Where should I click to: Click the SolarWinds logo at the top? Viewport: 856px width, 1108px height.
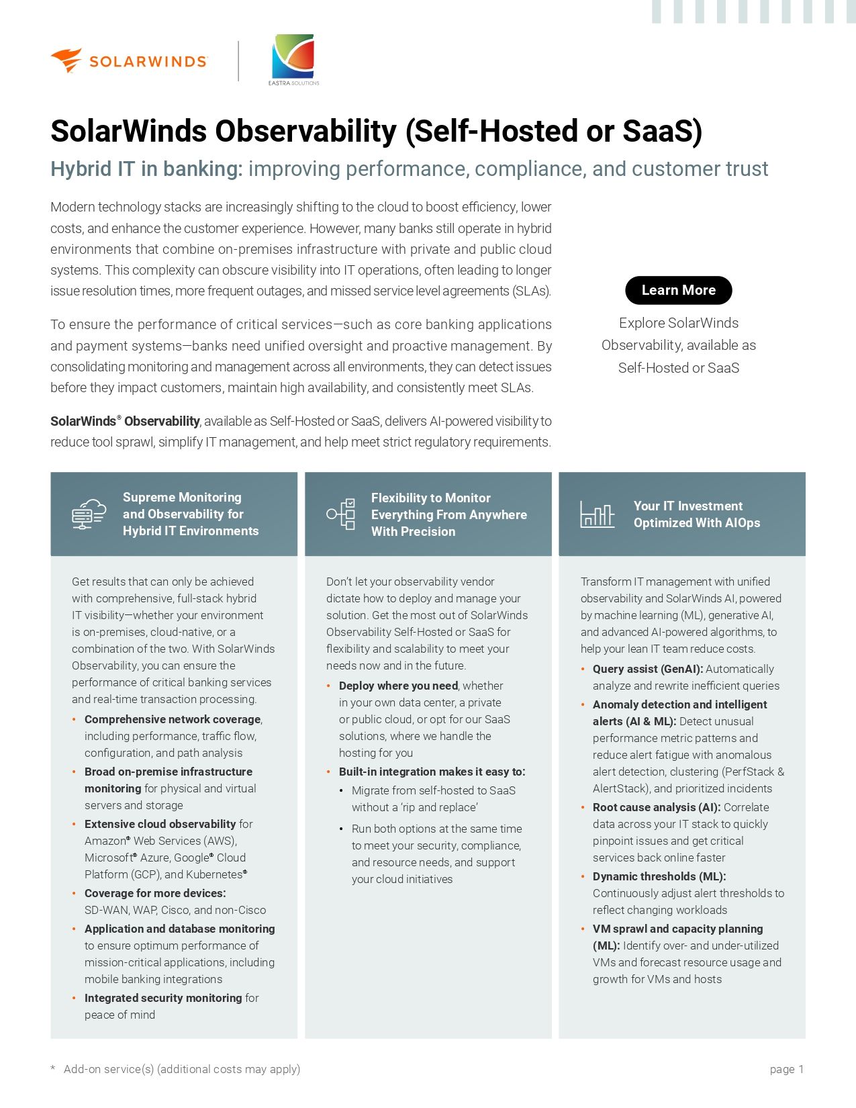pyautogui.click(x=129, y=61)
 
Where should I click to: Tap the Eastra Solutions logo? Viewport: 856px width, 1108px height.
pyautogui.click(x=293, y=59)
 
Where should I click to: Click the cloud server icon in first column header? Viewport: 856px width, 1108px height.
pyautogui.click(x=89, y=514)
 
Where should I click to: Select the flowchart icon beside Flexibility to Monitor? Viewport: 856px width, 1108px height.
pyautogui.click(x=341, y=514)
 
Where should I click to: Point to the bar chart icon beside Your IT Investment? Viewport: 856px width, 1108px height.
pyautogui.click(x=597, y=515)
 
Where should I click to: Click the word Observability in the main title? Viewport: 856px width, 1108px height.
pyautogui.click(x=305, y=131)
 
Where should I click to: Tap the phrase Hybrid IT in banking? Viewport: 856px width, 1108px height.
pyautogui.click(x=146, y=169)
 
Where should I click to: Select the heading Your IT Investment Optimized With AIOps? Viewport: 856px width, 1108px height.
pyautogui.click(x=696, y=514)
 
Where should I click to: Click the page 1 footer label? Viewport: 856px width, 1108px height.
pyautogui.click(x=786, y=1069)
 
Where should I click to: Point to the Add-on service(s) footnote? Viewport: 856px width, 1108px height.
pyautogui.click(x=181, y=1069)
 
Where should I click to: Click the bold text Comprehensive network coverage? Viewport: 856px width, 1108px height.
pyautogui.click(x=173, y=719)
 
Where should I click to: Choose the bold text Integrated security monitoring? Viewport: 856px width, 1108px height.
pyautogui.click(x=163, y=998)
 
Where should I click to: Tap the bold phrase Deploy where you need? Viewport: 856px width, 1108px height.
pyautogui.click(x=398, y=686)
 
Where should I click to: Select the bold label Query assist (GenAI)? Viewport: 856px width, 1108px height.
pyautogui.click(x=648, y=669)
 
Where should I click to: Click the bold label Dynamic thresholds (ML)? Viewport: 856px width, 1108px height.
pyautogui.click(x=659, y=876)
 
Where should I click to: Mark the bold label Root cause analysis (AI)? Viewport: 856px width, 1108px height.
pyautogui.click(x=657, y=807)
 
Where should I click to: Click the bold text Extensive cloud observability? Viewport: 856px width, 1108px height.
pyautogui.click(x=160, y=824)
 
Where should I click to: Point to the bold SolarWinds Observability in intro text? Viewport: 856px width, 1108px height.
pyautogui.click(x=125, y=422)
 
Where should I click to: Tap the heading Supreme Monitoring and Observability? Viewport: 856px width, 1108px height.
pyautogui.click(x=190, y=514)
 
